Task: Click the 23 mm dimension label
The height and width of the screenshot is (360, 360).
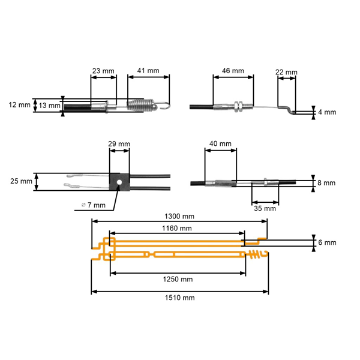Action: tap(103, 70)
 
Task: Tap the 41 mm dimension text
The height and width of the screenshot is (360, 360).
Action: tap(149, 70)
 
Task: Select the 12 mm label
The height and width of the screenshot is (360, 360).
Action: tap(20, 105)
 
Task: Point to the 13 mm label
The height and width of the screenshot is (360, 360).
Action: tap(49, 106)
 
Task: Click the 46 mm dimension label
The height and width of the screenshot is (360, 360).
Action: tap(233, 70)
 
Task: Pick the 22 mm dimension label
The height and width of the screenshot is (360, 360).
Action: tap(286, 72)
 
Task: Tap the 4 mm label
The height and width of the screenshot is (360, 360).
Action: tap(328, 112)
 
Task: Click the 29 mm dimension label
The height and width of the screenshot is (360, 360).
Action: tap(119, 145)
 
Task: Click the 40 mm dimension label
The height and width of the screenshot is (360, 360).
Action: tap(221, 144)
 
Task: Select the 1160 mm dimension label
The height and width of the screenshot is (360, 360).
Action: tap(177, 228)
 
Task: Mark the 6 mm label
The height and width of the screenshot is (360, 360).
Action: tap(328, 242)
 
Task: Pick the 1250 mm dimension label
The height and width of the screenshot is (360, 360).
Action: tap(178, 279)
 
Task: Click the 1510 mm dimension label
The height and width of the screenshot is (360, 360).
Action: tap(179, 297)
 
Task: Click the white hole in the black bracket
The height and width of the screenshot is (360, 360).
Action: tap(119, 181)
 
